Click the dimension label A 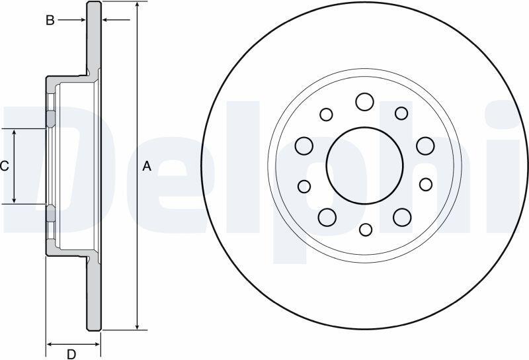(147, 166)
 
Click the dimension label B (50, 21)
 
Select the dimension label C (4, 166)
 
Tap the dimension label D (71, 354)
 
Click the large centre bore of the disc (365, 166)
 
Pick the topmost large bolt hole (365, 102)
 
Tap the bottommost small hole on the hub (366, 230)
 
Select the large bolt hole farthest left (304, 146)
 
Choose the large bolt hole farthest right (425, 146)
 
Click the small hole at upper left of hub (326, 114)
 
